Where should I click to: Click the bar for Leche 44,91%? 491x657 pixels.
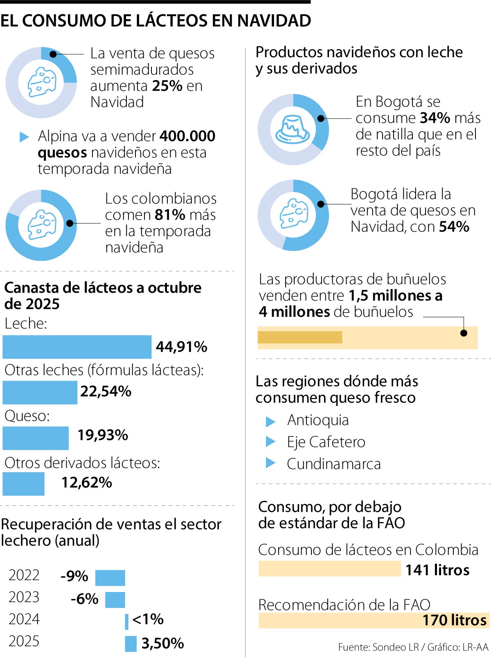tap(77, 347)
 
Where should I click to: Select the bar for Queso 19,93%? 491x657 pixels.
tap(36, 438)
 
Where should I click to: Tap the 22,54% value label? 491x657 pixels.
tap(106, 391)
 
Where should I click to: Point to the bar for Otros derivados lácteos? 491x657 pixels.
tap(23, 484)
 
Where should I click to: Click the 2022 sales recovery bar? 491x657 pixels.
tap(110, 578)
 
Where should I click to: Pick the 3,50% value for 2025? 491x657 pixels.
tap(162, 643)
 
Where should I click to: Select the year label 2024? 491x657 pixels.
tap(24, 619)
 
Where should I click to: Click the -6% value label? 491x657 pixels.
tap(85, 599)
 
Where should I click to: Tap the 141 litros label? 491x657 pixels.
tap(437, 570)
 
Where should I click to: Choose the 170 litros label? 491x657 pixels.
tap(454, 620)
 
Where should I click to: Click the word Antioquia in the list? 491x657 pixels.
tap(318, 420)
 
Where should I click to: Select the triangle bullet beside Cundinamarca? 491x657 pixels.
tap(270, 463)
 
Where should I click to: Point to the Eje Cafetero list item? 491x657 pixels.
tap(326, 442)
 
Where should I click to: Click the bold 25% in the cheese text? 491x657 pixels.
tap(167, 86)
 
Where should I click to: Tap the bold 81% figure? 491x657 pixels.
tap(170, 215)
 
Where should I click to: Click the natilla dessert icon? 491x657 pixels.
tap(293, 129)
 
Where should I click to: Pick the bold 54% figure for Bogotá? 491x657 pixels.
tap(454, 226)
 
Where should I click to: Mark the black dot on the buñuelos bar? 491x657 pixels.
tap(464, 333)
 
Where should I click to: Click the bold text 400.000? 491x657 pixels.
tap(187, 136)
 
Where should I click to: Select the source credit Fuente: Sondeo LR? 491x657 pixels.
tap(378, 647)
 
